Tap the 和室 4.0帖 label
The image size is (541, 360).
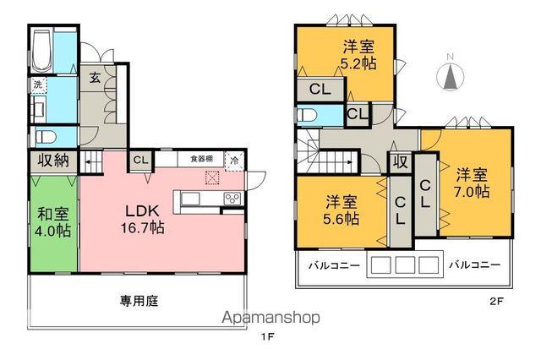coord(52,221)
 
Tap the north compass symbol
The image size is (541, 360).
coord(451,76)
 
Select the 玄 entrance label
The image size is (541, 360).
coord(95,77)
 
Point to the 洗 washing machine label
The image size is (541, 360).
coord(38,85)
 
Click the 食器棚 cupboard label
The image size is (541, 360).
coord(201,158)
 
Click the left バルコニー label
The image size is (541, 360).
coord(334,265)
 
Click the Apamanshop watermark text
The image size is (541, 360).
coord(270,318)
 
